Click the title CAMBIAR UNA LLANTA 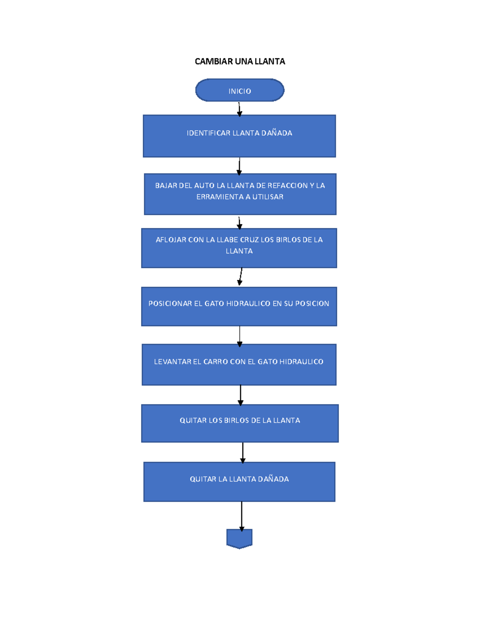click(240, 61)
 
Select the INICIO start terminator click(240, 90)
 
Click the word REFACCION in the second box click(288, 186)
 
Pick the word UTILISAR click(268, 197)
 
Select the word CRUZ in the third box click(249, 240)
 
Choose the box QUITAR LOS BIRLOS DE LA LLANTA click(240, 423)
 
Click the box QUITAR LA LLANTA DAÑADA click(239, 482)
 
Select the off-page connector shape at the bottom click(239, 538)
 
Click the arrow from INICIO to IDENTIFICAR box click(239, 109)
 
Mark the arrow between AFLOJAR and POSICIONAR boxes click(240, 277)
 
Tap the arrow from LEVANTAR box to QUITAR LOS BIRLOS click(240, 395)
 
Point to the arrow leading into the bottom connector click(242, 516)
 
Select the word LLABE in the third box click(228, 240)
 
